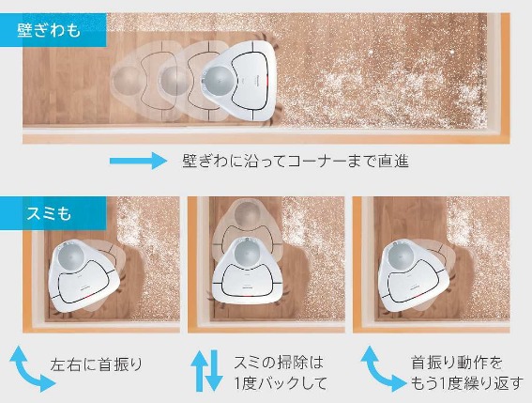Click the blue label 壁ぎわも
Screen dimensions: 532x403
point(49,30)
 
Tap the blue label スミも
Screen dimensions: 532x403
point(49,213)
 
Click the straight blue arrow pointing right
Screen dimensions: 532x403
point(138,161)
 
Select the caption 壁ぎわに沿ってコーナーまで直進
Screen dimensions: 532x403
point(296,161)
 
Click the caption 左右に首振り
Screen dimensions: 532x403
point(96,364)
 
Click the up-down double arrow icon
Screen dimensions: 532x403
point(206,370)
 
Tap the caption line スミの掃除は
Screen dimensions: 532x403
point(279,363)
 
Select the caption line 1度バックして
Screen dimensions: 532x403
point(281,383)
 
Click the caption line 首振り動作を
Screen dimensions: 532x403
point(457,363)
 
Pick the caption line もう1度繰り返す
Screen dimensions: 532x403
point(466,383)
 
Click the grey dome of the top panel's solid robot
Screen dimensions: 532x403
point(219,81)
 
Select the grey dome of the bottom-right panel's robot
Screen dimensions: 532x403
point(401,255)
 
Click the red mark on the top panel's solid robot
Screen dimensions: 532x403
point(267,81)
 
